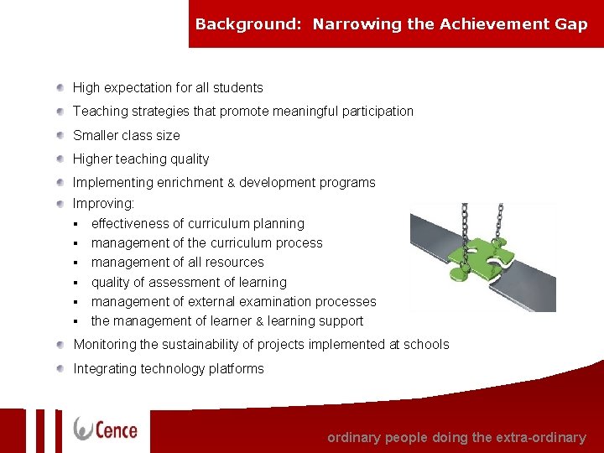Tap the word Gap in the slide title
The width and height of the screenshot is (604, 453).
pos(570,24)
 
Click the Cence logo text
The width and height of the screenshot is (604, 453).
pos(116,430)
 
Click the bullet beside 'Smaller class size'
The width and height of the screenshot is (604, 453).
pos(61,135)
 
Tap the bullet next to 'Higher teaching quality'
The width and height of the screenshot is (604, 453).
pos(61,159)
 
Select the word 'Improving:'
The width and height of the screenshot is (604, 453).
pos(103,204)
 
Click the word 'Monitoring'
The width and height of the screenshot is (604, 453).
pos(104,345)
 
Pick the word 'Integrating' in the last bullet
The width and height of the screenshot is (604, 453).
pos(105,369)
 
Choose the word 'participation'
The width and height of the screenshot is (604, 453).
pos(377,112)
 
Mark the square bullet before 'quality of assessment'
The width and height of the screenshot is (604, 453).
pos(75,283)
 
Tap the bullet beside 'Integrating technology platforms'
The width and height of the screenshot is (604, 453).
pos(61,368)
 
